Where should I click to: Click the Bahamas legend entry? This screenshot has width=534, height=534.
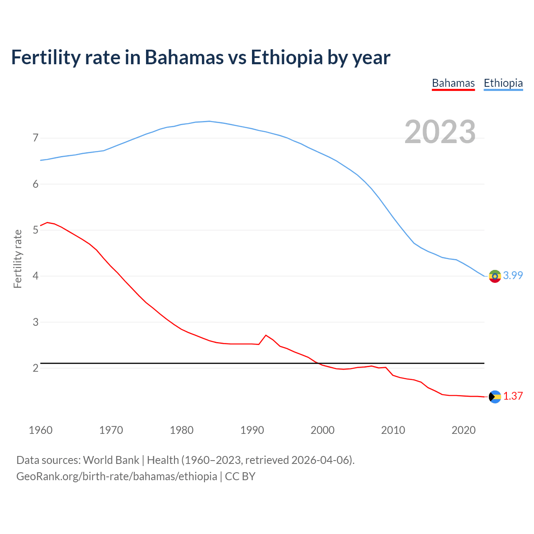click(453, 83)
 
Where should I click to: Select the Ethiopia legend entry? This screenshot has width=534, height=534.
click(503, 83)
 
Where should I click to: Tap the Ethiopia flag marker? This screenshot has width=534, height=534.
click(495, 276)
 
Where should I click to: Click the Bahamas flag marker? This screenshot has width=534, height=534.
click(495, 397)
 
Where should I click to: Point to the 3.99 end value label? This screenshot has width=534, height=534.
click(513, 275)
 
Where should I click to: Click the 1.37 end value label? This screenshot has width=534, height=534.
click(513, 396)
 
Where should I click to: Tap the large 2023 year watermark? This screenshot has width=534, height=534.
click(440, 132)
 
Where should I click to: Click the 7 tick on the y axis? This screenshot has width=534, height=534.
click(35, 138)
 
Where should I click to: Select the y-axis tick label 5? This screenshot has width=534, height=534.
click(35, 230)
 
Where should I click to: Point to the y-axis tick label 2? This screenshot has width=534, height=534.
click(35, 368)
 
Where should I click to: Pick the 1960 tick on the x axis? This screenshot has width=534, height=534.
click(40, 430)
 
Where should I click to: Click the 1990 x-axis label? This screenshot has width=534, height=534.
click(252, 430)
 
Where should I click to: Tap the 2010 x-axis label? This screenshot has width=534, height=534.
click(393, 430)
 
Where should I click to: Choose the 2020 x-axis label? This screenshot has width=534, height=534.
click(463, 430)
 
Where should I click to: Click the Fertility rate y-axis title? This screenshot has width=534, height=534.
click(18, 259)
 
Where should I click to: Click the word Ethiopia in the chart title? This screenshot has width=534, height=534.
click(287, 58)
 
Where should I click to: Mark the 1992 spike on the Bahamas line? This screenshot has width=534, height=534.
click(266, 335)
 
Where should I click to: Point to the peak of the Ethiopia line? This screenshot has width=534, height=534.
click(209, 121)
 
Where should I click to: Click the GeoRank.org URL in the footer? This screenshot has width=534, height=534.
click(117, 476)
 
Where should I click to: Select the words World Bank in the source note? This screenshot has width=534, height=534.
click(111, 460)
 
